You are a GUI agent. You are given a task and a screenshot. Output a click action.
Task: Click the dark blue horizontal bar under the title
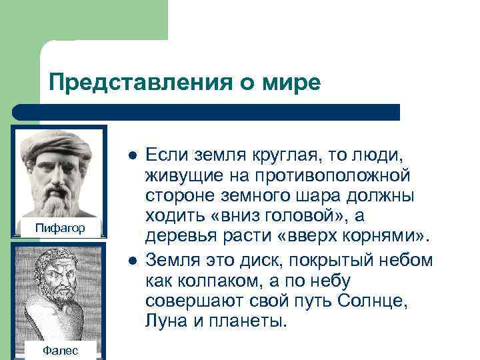pyautogui.click(x=207, y=111)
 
